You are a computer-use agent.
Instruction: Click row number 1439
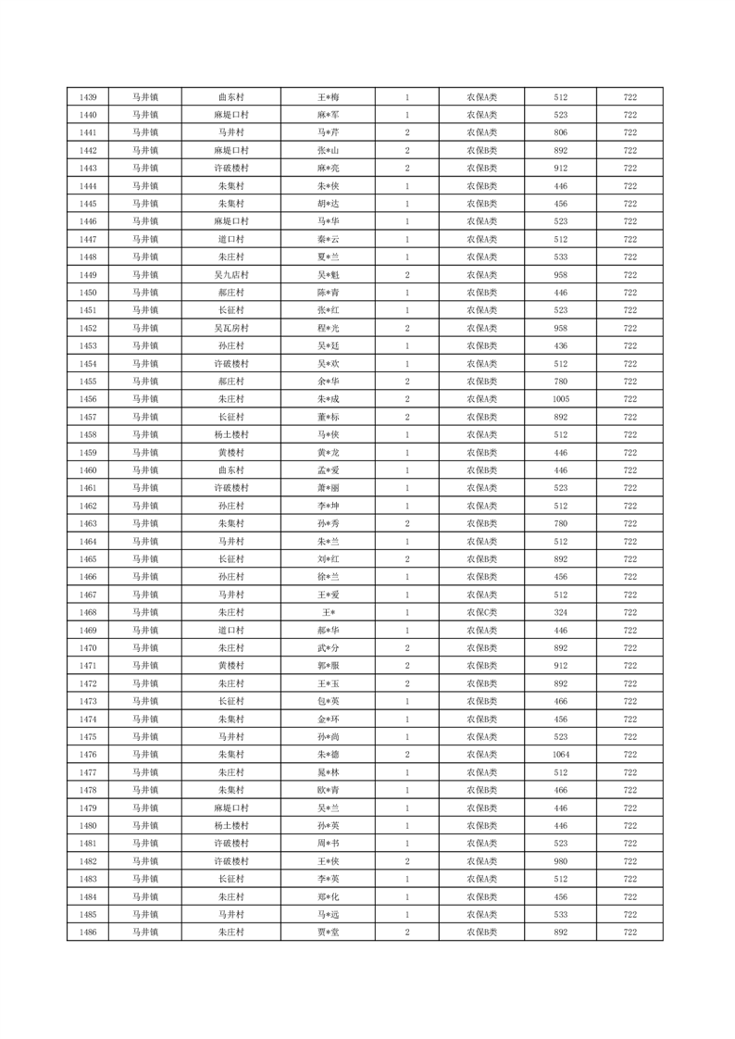point(89,97)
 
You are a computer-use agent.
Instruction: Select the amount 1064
point(560,755)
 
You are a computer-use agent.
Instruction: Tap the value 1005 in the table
point(560,399)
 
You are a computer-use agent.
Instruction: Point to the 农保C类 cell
point(481,612)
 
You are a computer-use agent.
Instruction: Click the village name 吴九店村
point(230,275)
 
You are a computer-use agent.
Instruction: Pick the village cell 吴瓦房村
point(230,329)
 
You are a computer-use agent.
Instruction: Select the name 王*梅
point(329,97)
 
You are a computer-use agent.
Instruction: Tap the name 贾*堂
point(329,933)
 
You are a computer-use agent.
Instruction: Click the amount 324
point(560,612)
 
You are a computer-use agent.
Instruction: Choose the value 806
point(560,132)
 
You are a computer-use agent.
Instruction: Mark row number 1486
point(89,933)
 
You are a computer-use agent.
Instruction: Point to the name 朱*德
point(329,755)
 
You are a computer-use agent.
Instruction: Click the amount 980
point(560,861)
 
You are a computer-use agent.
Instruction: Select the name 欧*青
point(329,790)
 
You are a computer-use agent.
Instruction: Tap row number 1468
point(89,612)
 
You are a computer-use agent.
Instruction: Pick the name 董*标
point(329,417)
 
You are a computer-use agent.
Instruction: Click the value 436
point(560,346)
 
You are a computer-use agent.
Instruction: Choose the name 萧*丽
point(329,488)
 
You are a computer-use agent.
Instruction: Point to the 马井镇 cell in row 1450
point(144,293)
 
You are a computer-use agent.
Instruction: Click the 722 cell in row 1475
point(629,737)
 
